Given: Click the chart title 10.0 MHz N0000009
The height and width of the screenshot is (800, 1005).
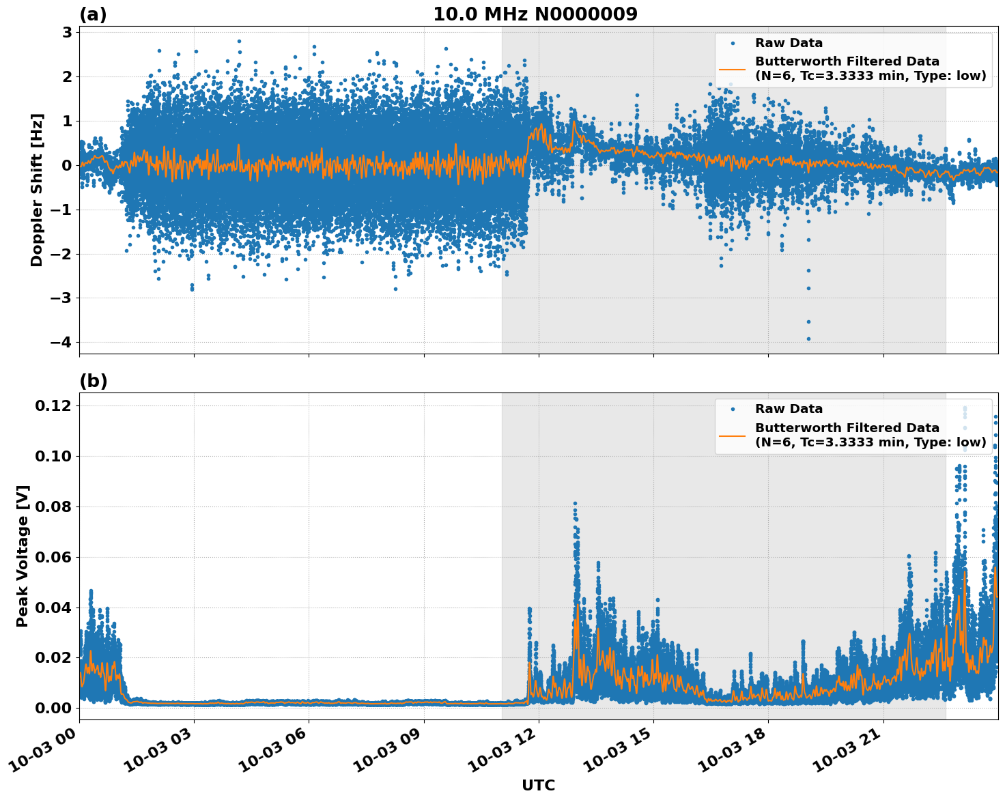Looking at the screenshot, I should [535, 14].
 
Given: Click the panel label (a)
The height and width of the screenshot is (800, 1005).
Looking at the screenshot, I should [93, 14].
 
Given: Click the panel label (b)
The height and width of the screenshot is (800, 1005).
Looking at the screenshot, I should [93, 381].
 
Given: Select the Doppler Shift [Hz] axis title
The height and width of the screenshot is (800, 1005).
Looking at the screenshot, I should [37, 190].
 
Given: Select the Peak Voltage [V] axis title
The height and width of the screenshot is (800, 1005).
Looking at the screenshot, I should [23, 556].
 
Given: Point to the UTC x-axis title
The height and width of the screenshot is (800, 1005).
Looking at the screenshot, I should [538, 785].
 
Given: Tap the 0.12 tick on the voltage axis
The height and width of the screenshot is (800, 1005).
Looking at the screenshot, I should [53, 405].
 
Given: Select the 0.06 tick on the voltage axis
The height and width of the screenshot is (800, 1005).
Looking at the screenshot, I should [53, 557].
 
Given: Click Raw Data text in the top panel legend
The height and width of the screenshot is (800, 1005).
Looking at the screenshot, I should [789, 43].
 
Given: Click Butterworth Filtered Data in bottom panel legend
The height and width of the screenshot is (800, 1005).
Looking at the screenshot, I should [847, 428].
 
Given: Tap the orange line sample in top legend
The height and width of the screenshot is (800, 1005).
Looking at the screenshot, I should [733, 69].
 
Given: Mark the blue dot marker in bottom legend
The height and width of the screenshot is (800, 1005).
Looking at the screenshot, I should [733, 409].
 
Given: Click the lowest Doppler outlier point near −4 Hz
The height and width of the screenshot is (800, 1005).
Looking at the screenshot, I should [808, 339].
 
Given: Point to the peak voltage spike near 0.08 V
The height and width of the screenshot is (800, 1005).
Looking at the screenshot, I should [575, 504].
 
